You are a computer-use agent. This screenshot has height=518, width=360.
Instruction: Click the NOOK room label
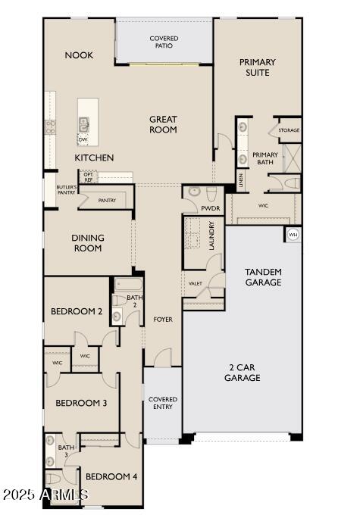[79, 55]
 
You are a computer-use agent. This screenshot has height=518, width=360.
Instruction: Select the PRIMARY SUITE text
[257, 67]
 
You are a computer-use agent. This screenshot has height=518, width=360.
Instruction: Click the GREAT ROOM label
[163, 124]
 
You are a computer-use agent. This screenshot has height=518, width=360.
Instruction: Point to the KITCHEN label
[94, 158]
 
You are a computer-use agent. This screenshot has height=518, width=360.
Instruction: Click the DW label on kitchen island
[83, 140]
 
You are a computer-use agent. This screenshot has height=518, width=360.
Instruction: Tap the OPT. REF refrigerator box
[89, 178]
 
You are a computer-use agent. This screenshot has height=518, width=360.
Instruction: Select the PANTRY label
[107, 200]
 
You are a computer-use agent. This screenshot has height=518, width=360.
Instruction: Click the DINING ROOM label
[88, 243]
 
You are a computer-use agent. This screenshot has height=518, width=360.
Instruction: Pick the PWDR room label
[210, 208]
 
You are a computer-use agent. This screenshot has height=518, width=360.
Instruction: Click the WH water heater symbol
[293, 235]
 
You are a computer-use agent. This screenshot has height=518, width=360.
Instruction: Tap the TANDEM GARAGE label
[263, 277]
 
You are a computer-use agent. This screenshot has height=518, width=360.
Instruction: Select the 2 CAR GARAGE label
[243, 372]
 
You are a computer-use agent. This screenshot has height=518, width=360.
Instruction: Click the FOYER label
[163, 320]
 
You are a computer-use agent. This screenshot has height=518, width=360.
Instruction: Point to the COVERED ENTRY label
[162, 403]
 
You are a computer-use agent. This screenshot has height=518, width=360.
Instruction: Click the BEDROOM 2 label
[77, 311]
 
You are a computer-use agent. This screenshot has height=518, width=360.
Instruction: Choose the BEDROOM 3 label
[81, 403]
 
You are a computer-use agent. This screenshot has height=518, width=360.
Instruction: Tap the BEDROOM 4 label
[111, 476]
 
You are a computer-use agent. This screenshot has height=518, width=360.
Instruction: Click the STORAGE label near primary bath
[289, 130]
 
